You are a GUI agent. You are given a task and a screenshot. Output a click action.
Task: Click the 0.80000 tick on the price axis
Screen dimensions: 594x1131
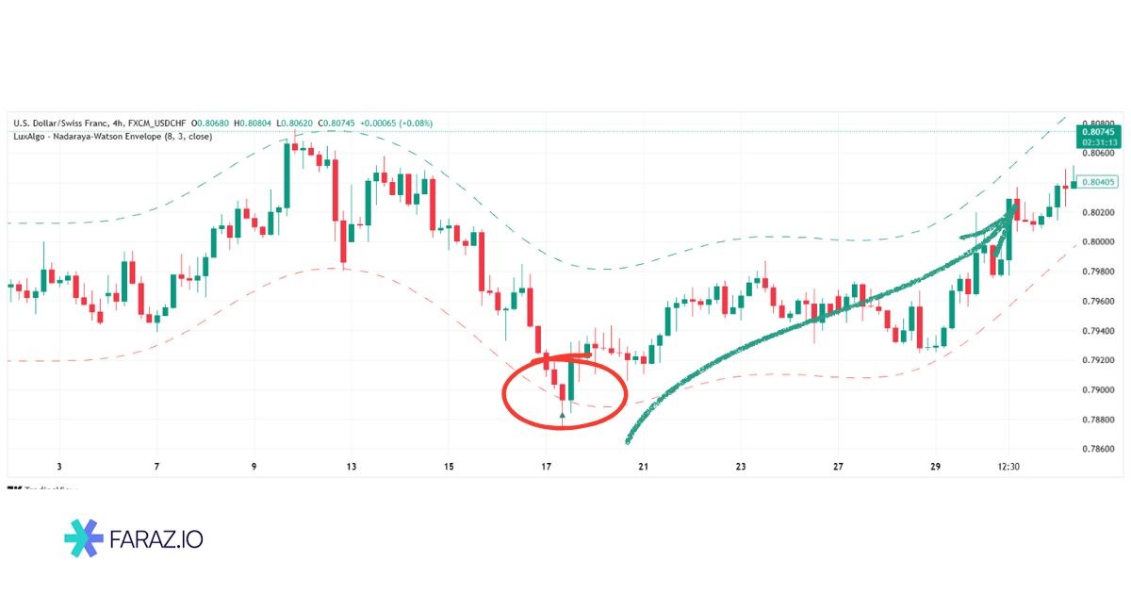[x=1098, y=242]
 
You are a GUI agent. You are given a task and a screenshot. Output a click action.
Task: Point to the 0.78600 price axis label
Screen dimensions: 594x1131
[x=1098, y=449]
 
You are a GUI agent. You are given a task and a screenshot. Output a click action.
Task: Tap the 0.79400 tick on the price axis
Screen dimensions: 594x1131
[x=1098, y=331]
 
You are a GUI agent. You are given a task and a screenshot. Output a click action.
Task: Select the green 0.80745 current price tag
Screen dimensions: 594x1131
[x=1099, y=133]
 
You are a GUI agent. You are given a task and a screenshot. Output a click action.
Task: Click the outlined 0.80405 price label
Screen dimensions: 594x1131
[x=1099, y=182]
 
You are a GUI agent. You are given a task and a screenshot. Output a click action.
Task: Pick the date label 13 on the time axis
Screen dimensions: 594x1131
[x=352, y=467]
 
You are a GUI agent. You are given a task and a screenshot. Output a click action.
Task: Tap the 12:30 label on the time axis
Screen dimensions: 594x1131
[x=1009, y=467]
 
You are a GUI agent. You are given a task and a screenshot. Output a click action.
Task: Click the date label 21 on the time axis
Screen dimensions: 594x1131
[x=643, y=467]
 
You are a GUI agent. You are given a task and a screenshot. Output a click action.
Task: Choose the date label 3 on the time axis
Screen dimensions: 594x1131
[x=58, y=467]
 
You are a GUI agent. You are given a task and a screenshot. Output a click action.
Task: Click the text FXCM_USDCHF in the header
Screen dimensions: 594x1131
[x=157, y=123]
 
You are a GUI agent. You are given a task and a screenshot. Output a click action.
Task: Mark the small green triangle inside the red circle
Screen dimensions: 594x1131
[x=563, y=414]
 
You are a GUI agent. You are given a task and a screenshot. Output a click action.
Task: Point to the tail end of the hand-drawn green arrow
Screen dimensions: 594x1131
[x=628, y=441]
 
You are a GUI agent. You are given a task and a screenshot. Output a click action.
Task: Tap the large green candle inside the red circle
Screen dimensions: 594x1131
[x=571, y=379]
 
